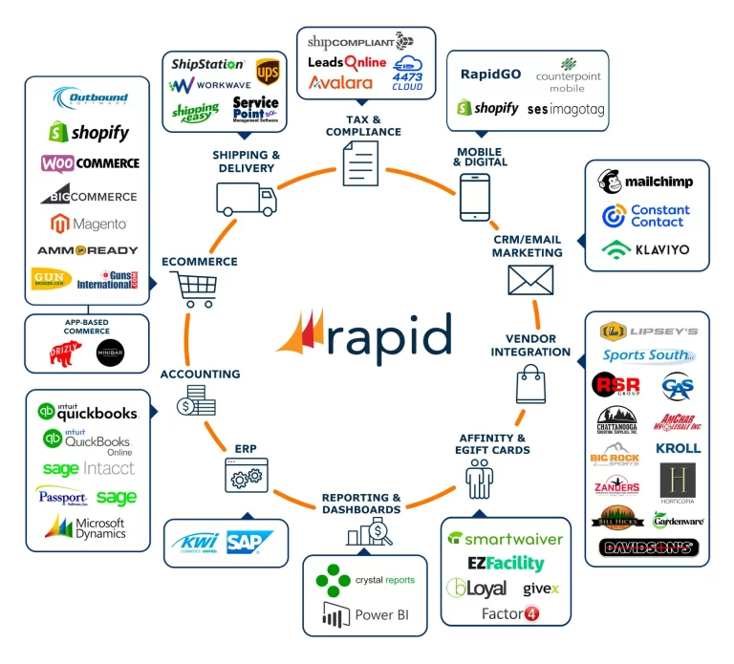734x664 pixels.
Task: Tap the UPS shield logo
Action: point(267,71)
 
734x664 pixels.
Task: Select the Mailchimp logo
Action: point(645,182)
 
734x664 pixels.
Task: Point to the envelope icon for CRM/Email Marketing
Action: point(531,281)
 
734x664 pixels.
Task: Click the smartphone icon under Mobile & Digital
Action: point(475,197)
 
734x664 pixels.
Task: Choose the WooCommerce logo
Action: point(90,163)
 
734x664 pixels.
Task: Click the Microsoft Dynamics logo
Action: point(87,527)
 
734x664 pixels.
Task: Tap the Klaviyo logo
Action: point(645,250)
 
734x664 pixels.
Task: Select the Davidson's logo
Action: point(648,548)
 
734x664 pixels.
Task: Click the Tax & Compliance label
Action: point(363,125)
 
